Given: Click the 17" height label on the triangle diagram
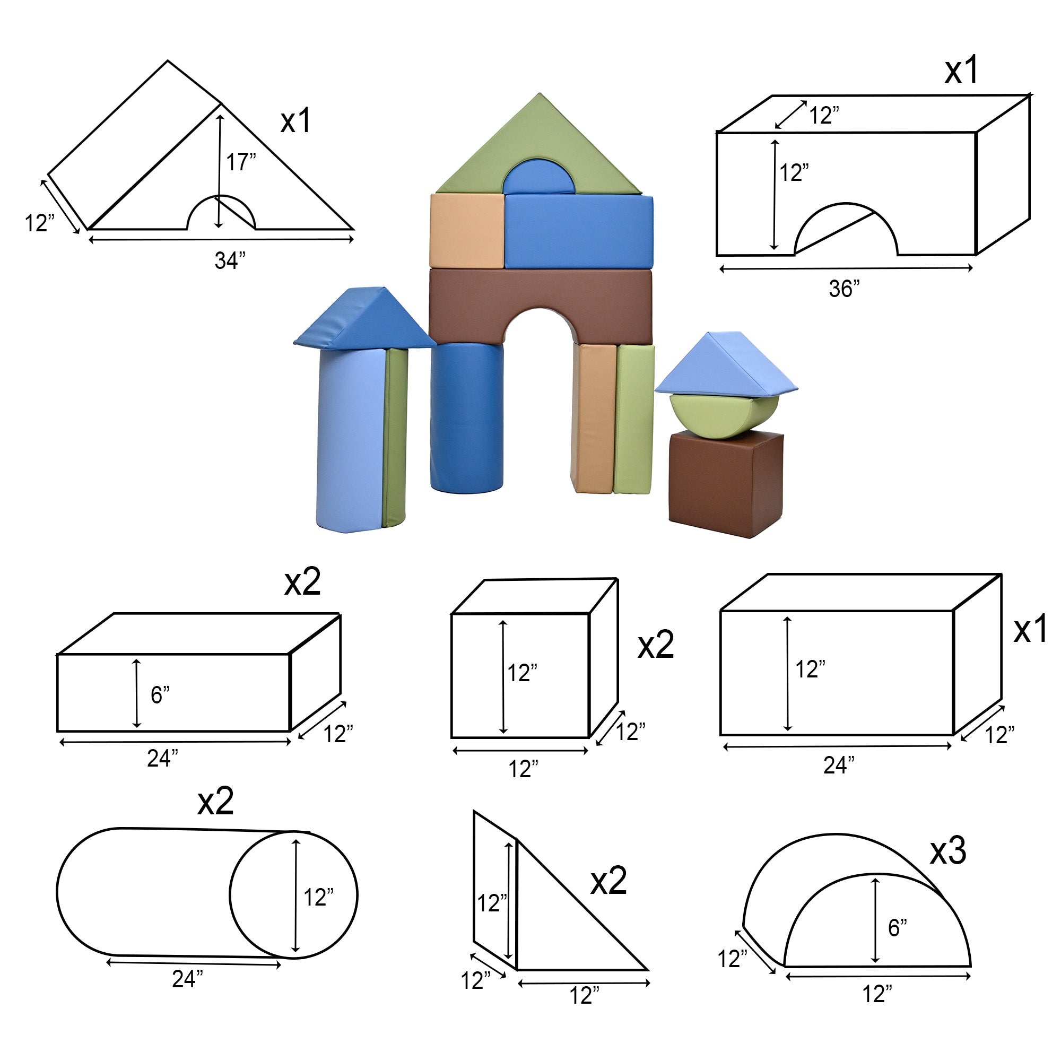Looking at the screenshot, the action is point(241,162).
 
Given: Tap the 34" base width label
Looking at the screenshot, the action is point(230,260).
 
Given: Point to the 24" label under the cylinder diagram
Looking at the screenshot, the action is point(187,979).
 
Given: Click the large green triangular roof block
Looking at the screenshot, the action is point(539,144).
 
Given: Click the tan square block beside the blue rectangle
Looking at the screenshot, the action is point(467,231).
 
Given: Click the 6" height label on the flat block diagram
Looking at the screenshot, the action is point(160,695).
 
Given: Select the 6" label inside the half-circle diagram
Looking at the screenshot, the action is point(898,927).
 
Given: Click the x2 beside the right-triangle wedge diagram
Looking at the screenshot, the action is point(608,881).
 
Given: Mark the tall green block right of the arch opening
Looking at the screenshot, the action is point(634,419).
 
